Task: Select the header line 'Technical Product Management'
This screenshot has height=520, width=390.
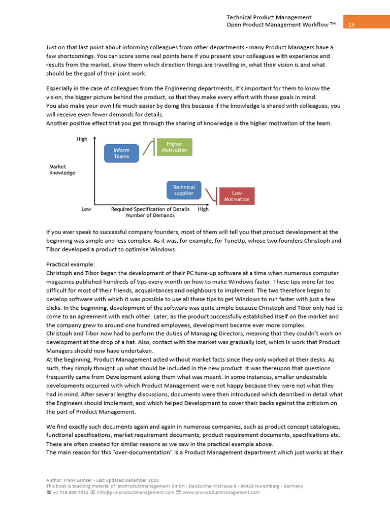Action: [269, 17]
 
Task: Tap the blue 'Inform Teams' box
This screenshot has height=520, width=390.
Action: [121, 153]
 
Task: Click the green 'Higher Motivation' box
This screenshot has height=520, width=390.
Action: [174, 147]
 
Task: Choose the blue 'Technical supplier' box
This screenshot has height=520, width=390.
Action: [184, 190]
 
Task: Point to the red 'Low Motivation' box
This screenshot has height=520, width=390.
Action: [237, 196]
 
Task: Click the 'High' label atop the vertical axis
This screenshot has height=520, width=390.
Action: [82, 139]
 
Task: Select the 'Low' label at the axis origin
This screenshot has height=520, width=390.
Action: [86, 209]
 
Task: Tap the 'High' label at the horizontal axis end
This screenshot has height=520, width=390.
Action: [203, 209]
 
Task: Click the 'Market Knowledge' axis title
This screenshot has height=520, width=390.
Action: [62, 170]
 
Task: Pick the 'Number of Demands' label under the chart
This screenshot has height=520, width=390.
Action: [150, 215]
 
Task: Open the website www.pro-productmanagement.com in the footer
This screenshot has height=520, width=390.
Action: [221, 492]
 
